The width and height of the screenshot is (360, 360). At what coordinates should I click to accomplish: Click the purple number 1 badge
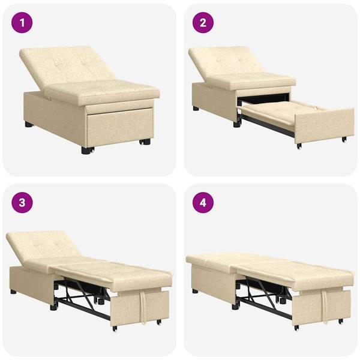(22, 24)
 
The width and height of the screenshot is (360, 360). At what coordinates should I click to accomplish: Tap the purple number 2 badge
(203, 24)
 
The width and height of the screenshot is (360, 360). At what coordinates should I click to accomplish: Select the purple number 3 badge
(22, 202)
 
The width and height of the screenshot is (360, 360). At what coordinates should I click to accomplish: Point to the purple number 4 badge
(203, 202)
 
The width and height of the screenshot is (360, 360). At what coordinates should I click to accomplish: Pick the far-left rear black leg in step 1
(28, 125)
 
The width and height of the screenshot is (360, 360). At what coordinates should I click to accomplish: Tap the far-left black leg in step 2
(196, 109)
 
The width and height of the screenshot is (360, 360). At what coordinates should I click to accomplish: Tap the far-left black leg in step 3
(13, 292)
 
